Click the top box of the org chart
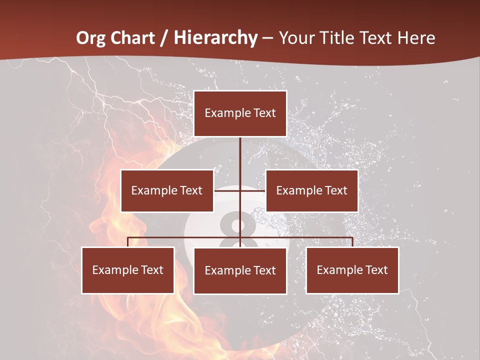pos(240,113)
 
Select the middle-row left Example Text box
pos(167,190)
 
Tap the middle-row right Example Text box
pos(312,190)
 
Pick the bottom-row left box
pos(128,270)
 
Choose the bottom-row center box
pos(240,270)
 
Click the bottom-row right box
pos(352,270)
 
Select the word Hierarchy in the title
pos(215,38)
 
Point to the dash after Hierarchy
pos(267,38)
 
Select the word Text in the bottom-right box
pos(376,270)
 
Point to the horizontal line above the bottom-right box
pos(325,237)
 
